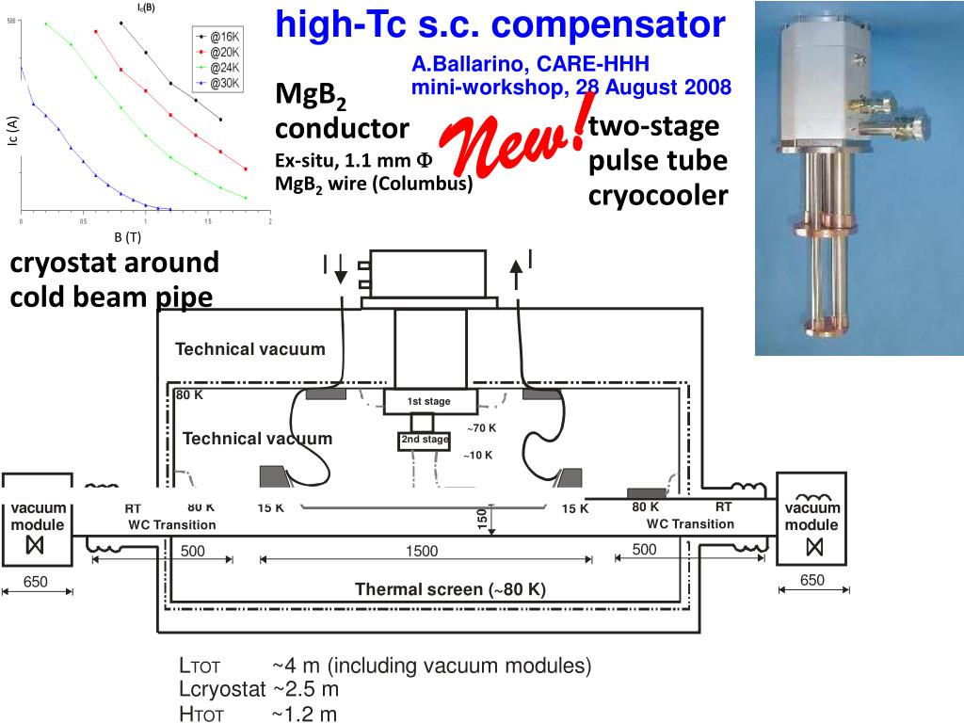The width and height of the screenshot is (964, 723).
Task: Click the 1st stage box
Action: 428,401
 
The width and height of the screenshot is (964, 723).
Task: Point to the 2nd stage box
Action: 425,440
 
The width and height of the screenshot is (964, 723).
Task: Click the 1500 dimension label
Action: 422,552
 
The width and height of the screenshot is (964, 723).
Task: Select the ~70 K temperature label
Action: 481,428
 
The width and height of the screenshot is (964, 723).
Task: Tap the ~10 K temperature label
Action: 478,456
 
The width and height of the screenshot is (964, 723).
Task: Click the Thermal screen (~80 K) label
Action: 450,590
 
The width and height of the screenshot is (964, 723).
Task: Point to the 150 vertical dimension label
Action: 482,519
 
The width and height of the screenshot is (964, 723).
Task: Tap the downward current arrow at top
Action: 340,272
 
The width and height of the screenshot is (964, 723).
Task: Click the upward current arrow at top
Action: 516,272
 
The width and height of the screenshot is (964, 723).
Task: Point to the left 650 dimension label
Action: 36,582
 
